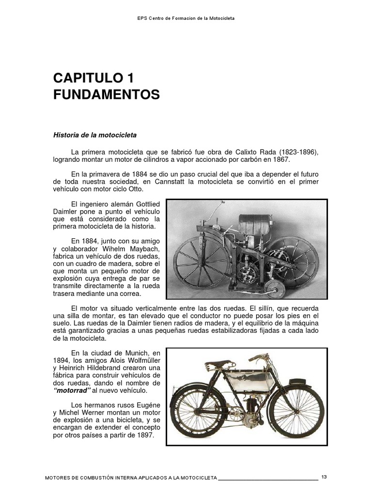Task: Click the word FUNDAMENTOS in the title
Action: pos(106,95)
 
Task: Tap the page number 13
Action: pos(324,477)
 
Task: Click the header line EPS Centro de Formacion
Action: pos(186,18)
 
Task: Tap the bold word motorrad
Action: pos(72,390)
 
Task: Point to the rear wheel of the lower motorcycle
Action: pos(195,412)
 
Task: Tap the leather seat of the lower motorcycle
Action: pos(230,361)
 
